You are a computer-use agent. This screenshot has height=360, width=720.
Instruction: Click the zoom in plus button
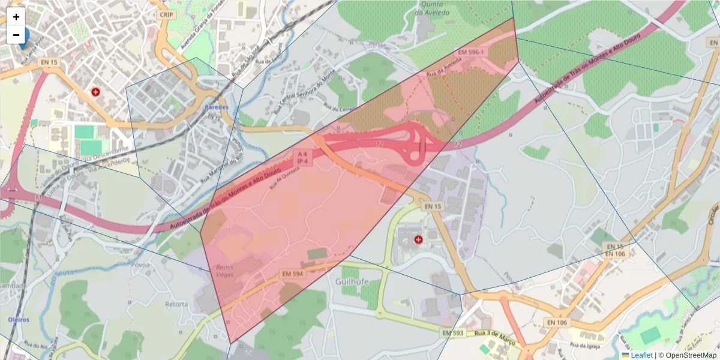[x=16, y=17]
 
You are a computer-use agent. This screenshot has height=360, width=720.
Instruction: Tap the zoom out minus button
[x=16, y=35]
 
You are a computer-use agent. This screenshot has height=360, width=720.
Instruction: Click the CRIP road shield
[x=166, y=14]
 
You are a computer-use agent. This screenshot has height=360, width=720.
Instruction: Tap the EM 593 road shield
[x=454, y=332]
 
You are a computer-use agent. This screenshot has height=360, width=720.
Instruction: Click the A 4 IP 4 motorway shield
[x=302, y=158]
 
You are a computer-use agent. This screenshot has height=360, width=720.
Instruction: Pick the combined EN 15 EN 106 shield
[x=614, y=250]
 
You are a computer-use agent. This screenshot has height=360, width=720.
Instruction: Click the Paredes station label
[x=217, y=107]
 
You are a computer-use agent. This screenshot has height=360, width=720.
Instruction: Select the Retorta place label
[x=176, y=304]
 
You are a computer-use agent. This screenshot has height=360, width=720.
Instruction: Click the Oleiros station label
[x=19, y=319]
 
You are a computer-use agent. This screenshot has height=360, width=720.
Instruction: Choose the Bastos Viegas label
[x=222, y=271]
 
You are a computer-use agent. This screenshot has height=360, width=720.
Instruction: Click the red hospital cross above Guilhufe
[x=418, y=239]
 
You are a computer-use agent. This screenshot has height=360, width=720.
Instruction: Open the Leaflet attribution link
[x=641, y=355]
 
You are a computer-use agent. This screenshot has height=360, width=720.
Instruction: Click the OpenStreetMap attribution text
[x=691, y=355]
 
